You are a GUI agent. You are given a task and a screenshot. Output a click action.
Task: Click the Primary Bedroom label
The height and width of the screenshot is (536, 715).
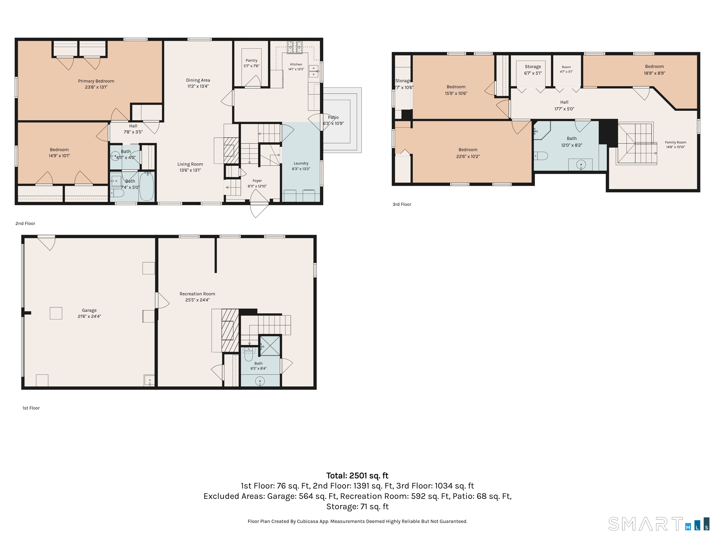(x=96, y=81)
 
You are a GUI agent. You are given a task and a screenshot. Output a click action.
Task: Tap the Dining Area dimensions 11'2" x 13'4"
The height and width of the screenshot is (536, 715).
(x=198, y=86)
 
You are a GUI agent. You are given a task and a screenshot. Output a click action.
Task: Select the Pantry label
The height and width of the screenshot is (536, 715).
(x=251, y=60)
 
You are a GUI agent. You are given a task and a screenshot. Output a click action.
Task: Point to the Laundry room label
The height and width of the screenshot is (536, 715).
(x=301, y=164)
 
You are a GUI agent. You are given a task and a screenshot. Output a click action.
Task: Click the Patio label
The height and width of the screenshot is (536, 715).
(x=333, y=117)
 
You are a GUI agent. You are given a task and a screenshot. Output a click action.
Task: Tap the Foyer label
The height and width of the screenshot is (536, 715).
(x=257, y=181)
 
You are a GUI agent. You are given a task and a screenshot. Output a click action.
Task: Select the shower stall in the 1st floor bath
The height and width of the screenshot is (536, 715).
(x=270, y=346)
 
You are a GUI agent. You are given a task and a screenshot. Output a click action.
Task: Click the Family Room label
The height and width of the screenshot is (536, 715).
(x=676, y=142)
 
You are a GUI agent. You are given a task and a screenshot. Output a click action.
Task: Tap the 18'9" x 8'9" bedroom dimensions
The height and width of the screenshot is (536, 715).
(x=654, y=73)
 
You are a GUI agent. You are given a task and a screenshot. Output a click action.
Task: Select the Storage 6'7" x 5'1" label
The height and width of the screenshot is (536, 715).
(x=533, y=67)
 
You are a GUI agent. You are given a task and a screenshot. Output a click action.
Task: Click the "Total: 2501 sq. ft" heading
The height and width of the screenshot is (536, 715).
(x=357, y=476)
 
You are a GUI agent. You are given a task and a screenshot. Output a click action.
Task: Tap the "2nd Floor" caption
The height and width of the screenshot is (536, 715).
(x=25, y=224)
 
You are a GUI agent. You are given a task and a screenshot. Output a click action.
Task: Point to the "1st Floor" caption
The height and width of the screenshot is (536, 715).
(x=31, y=408)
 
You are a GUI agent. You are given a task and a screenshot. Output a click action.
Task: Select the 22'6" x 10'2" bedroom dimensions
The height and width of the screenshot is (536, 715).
(x=468, y=156)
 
